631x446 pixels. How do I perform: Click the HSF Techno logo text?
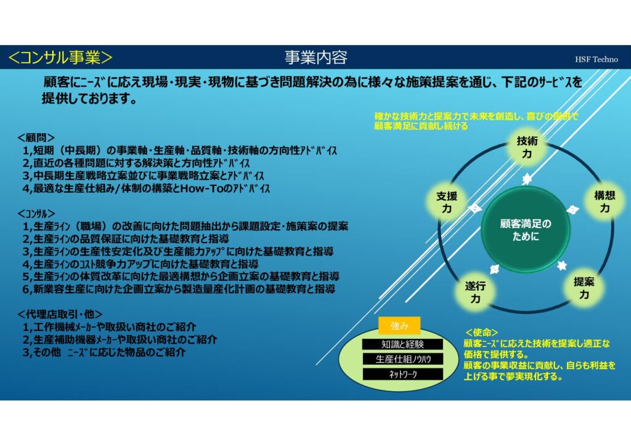point(596,60)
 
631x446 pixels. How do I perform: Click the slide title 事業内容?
point(316,57)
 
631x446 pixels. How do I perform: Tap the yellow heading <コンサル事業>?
point(60,57)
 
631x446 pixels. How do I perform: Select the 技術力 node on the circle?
point(527,147)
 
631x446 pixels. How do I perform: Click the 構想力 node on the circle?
point(605,201)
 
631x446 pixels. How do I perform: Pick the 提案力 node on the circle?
point(584,288)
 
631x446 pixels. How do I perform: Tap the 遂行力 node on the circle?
point(475,292)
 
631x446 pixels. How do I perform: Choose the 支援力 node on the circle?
point(447,202)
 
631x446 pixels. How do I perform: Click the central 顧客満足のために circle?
point(526,230)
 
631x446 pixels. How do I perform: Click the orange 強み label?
point(399,326)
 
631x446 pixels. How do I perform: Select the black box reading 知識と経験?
point(402,344)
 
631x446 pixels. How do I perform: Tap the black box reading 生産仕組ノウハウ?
point(402,359)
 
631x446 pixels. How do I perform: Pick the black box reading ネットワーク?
point(402,375)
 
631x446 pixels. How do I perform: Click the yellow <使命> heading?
point(481,333)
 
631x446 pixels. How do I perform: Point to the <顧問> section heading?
point(36,138)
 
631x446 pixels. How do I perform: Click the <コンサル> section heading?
point(36,214)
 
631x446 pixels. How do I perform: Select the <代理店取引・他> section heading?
point(60,314)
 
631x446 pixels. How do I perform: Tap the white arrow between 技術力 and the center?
point(526,179)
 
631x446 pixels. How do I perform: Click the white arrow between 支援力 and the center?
point(475,208)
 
